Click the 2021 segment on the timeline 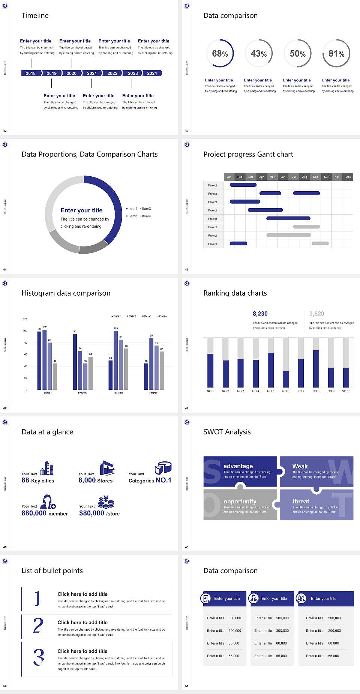[x=92, y=74]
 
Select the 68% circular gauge [x=220, y=53]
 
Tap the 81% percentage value [x=336, y=54]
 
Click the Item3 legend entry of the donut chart [x=132, y=216]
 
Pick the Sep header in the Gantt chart [x=315, y=177]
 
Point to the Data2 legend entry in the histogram [x=132, y=316]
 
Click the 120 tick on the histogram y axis [x=25, y=319]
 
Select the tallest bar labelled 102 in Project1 [x=45, y=359]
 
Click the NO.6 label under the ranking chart [x=286, y=391]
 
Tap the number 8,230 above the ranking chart [x=260, y=314]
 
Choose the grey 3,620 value [x=317, y=314]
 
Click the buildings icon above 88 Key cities [x=47, y=468]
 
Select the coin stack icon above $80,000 [x=106, y=502]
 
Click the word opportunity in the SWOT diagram [x=240, y=502]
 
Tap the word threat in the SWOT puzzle [x=301, y=502]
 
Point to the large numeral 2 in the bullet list [x=38, y=626]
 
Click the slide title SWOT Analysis [x=227, y=432]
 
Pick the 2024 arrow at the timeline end [x=152, y=74]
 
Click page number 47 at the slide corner [x=187, y=408]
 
